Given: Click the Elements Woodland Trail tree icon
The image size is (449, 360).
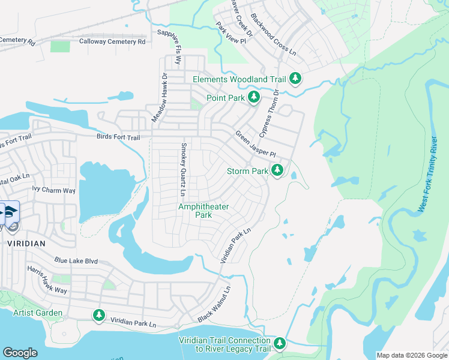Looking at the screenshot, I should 295,79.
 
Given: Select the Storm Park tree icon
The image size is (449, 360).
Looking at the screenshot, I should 277,171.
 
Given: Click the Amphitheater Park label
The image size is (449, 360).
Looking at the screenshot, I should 203,211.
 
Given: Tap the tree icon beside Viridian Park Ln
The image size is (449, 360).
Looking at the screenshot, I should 99,315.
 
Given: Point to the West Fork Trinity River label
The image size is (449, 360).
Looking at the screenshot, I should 427,174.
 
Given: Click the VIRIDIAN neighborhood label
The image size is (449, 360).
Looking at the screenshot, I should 26,244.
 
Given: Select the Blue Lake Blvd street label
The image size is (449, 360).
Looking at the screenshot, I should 76,261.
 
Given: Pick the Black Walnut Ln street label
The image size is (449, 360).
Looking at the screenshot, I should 214,304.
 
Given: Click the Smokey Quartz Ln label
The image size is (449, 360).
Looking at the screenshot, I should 181,169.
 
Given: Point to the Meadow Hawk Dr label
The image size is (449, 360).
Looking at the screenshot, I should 158,98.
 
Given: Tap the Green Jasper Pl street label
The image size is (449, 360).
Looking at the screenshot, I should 255,144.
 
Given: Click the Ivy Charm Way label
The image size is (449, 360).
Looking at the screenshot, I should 54,190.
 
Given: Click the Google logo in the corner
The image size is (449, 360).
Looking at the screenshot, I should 20,353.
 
